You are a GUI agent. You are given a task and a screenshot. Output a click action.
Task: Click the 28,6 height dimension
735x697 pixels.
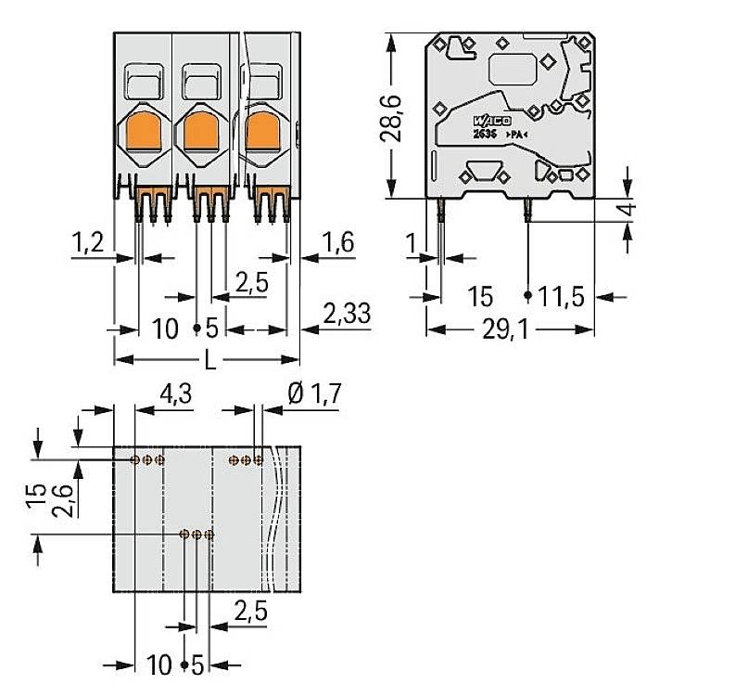392,115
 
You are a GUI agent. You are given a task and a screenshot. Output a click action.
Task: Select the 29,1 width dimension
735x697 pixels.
508,329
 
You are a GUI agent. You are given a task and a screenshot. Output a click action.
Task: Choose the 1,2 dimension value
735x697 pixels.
87,244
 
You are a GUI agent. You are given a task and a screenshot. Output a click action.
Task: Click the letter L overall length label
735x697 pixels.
209,361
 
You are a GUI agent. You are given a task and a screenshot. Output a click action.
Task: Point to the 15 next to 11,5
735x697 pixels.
479,297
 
